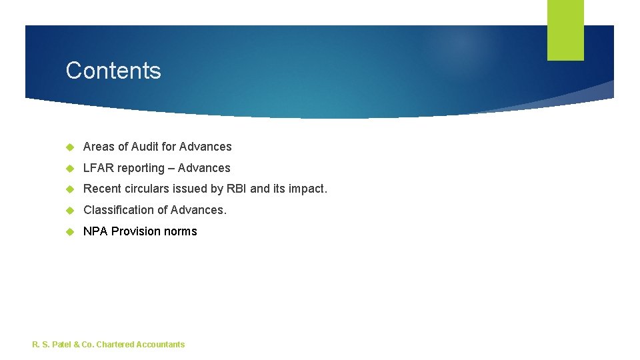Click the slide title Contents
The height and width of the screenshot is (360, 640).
(113, 71)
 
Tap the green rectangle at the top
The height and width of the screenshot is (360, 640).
(565, 30)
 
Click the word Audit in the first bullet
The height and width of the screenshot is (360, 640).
(145, 147)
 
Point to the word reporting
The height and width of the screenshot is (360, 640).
(141, 169)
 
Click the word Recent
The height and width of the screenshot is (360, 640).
(101, 189)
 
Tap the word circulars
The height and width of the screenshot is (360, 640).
(147, 189)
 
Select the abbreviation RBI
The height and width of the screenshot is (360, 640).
(237, 189)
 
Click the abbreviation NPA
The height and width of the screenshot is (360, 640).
(95, 231)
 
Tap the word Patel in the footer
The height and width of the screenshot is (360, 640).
(62, 345)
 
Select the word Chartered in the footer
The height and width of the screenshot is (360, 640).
(115, 345)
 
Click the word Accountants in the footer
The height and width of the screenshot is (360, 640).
(160, 345)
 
